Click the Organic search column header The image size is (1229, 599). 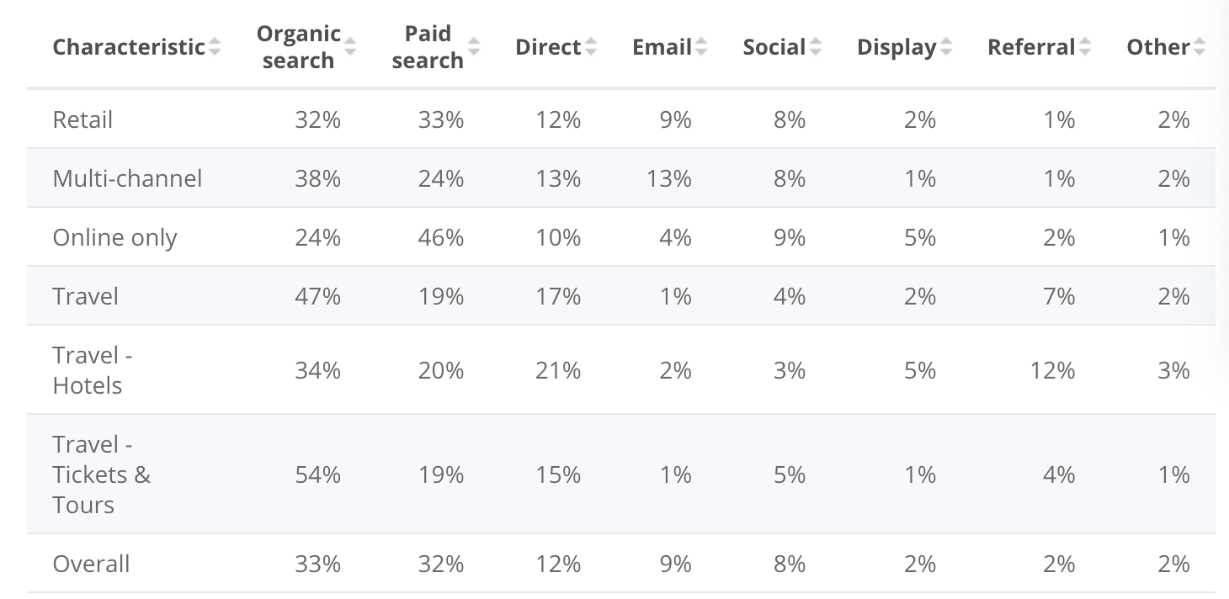pos(298,47)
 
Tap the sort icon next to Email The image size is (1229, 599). pos(701,47)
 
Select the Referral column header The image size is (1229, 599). pos(1031,47)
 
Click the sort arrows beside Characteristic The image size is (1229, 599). pos(215,47)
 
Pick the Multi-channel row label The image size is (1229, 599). pos(127,178)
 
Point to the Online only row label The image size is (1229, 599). pos(114,238)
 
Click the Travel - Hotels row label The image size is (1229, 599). pos(93,370)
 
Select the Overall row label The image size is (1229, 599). pos(91,564)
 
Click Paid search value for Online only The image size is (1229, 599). pos(440,238)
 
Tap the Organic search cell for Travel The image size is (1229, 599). pos(317,297)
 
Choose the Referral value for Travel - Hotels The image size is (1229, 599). pos(1052,370)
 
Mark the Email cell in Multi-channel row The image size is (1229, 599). pos(669,178)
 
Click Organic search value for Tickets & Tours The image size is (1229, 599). pos(317,475)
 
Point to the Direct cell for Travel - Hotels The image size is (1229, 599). pos(558,370)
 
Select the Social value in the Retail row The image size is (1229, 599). pos(790,120)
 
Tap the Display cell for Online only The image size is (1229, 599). pos(920,238)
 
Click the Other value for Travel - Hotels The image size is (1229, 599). pos(1173,370)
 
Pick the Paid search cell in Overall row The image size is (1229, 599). pos(440,564)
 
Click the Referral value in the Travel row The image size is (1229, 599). pos(1059,297)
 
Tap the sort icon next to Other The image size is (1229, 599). pos(1200,47)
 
